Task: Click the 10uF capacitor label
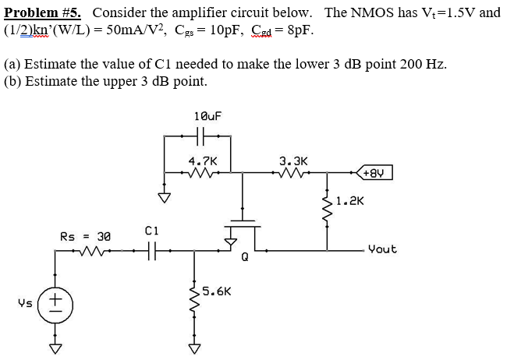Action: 208,116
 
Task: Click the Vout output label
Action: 382,249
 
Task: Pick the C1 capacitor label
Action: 152,231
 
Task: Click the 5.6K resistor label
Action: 214,292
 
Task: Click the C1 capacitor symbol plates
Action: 152,250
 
